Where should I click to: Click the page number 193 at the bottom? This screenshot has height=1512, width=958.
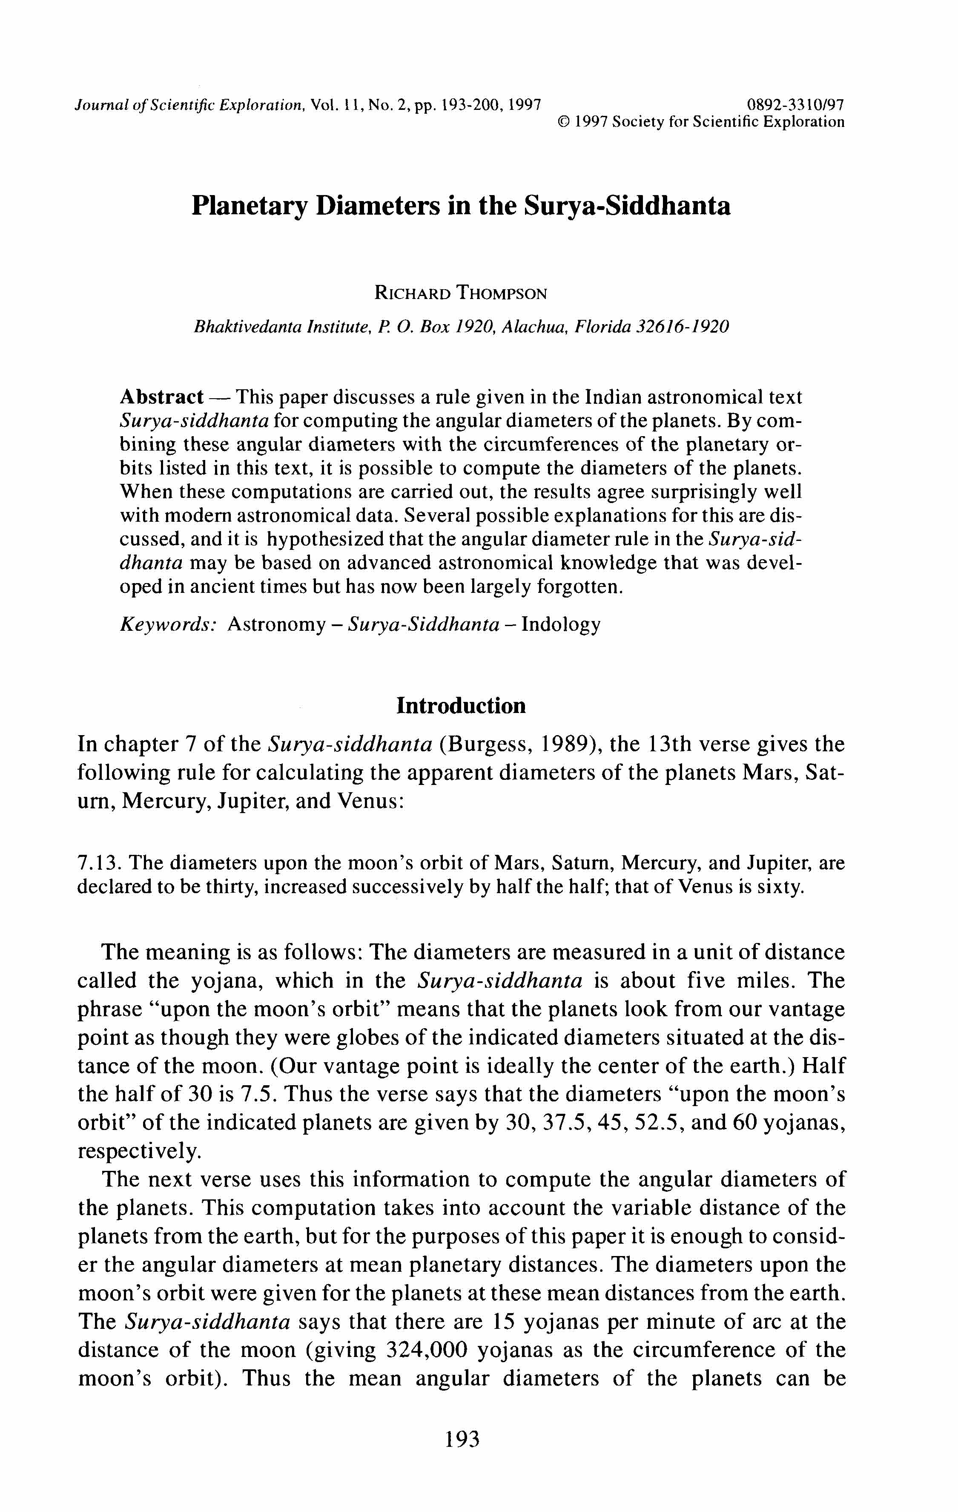(x=462, y=1439)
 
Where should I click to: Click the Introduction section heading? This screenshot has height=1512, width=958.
(x=461, y=705)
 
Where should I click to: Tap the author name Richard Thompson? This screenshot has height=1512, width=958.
(x=461, y=293)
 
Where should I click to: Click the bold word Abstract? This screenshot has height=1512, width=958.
(x=161, y=397)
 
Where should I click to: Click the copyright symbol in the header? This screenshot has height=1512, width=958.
(x=563, y=122)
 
